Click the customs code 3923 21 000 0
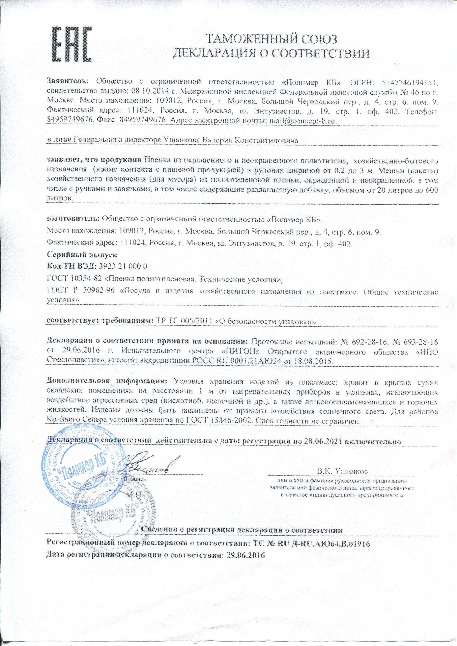(x=124, y=266)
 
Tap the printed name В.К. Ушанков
(x=342, y=471)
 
